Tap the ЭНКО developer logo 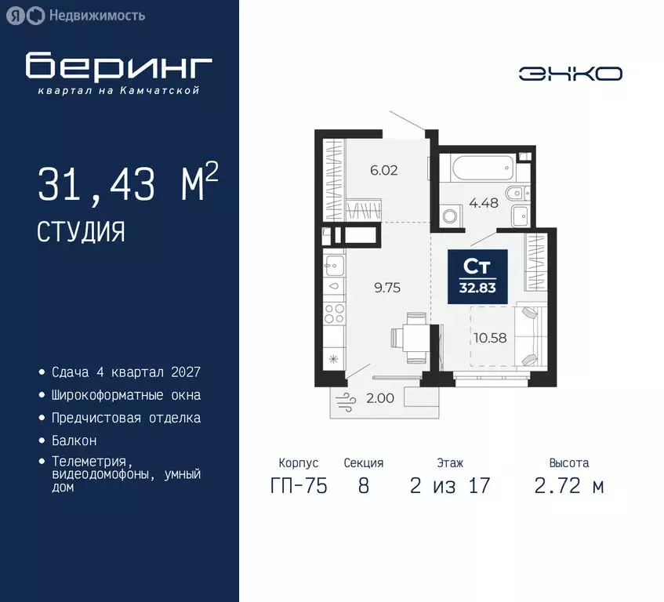[x=570, y=74]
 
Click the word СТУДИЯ [x=81, y=231]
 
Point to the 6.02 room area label [x=384, y=169]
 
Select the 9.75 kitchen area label [x=387, y=287]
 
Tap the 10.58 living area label [x=489, y=338]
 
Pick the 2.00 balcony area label [x=380, y=398]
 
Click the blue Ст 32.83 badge [x=477, y=276]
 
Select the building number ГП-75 [x=298, y=486]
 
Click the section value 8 [x=363, y=486]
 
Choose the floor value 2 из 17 [x=450, y=486]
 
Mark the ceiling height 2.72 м [x=569, y=486]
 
